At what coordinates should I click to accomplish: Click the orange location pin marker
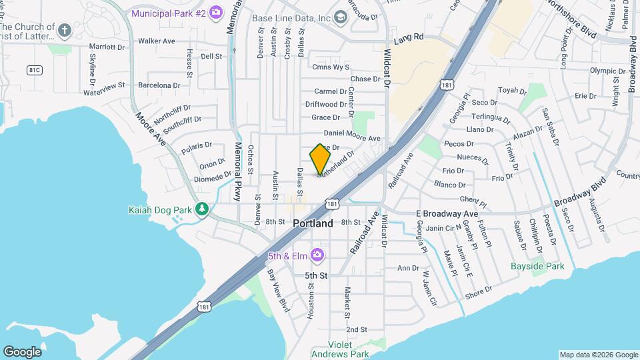point(320,159)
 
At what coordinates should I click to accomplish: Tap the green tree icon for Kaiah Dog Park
point(201,210)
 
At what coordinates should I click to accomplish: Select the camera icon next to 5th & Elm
point(317,255)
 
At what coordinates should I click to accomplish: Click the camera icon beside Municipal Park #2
point(215,13)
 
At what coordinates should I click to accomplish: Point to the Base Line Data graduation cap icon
point(341,17)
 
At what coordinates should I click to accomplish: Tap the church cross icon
point(64,30)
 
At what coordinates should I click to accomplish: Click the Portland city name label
point(313,224)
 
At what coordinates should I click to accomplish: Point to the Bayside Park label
point(537,267)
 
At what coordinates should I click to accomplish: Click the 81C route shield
point(35,69)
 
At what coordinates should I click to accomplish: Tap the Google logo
point(22,351)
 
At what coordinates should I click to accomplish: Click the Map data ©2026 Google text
point(598,355)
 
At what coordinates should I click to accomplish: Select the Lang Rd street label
point(409,38)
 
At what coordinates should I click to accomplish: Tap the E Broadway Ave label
point(447,213)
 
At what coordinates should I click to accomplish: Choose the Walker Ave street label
point(156,41)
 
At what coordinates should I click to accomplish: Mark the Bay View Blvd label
point(278,290)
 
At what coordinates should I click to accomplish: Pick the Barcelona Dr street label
point(159,85)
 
